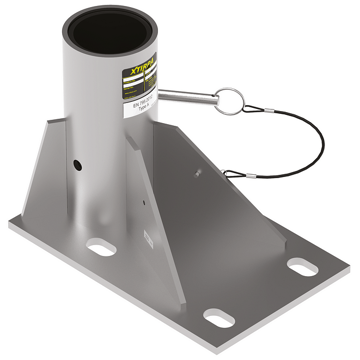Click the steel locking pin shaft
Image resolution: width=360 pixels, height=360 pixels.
[x=190, y=97]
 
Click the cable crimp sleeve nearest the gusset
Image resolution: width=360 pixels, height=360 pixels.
[x=238, y=172]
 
